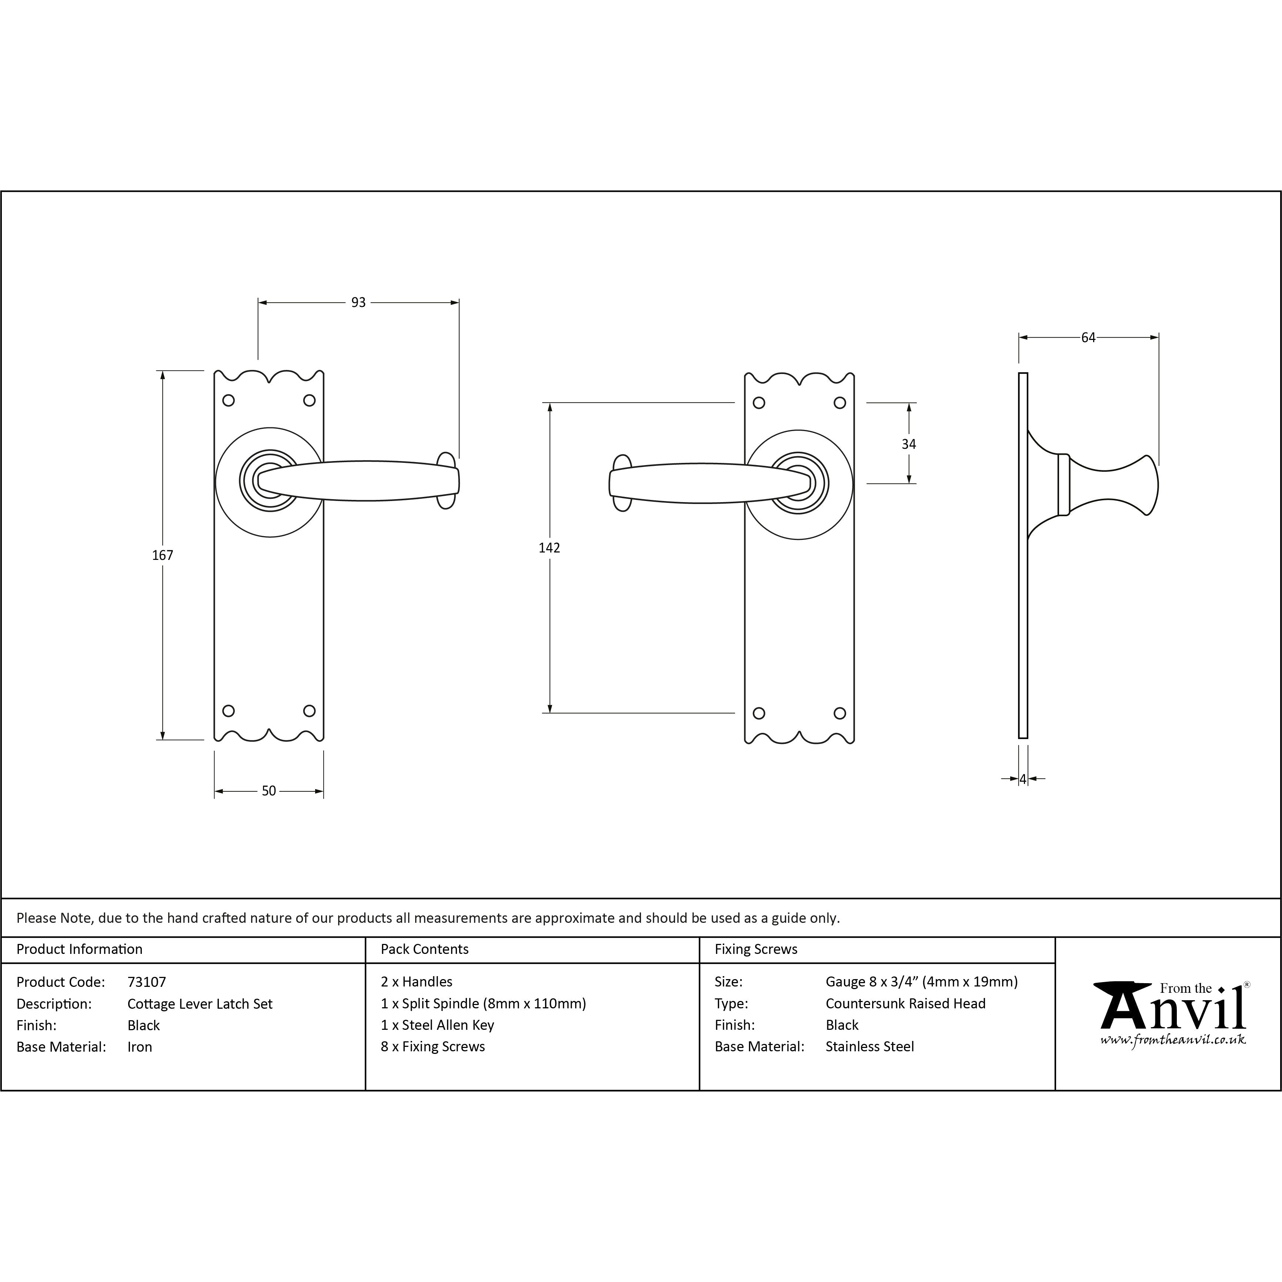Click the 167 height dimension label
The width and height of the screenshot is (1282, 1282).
point(163,555)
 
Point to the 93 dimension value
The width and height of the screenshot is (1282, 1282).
point(358,303)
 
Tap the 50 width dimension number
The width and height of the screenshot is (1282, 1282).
point(269,791)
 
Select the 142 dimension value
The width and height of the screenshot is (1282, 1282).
point(550,548)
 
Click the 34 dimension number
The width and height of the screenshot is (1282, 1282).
point(909,445)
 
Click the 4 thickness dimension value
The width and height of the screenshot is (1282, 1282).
point(1023,779)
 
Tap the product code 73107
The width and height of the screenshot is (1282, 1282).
point(147,982)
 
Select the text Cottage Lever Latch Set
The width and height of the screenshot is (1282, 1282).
point(200,1004)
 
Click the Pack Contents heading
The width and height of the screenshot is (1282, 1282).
point(425,949)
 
